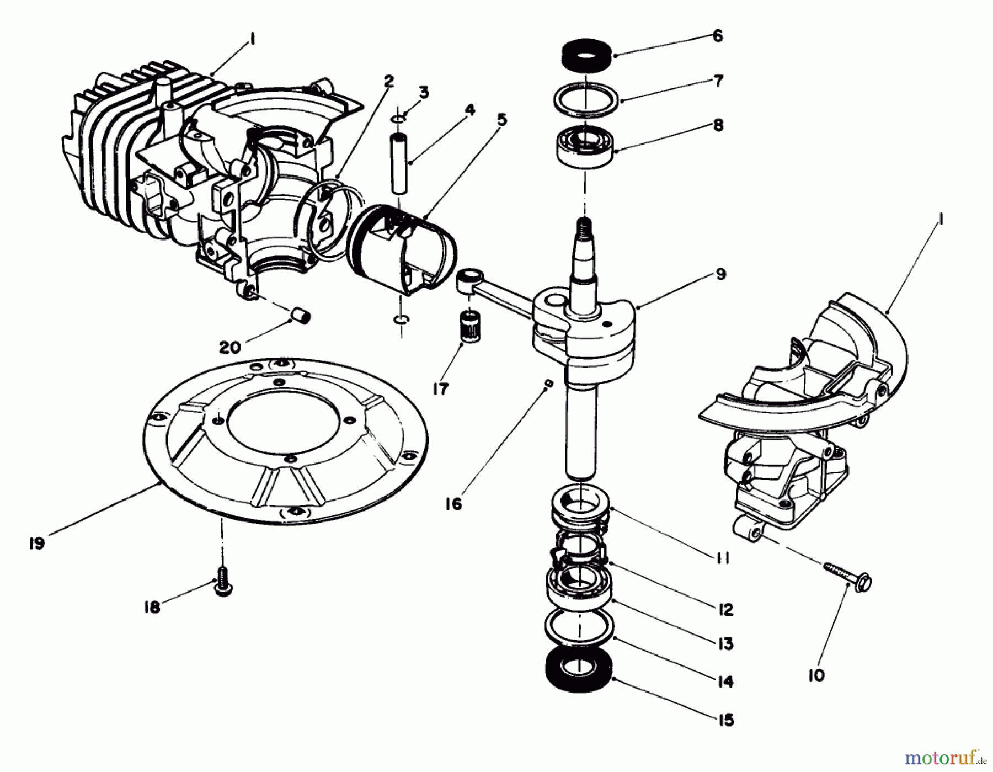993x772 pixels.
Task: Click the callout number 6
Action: [717, 36]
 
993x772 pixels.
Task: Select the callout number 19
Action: [36, 544]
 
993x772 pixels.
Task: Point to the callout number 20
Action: [229, 347]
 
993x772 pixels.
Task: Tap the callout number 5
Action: [501, 119]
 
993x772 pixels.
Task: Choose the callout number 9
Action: [720, 274]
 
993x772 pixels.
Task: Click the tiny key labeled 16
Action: [547, 384]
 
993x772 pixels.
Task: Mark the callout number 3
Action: [423, 92]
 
